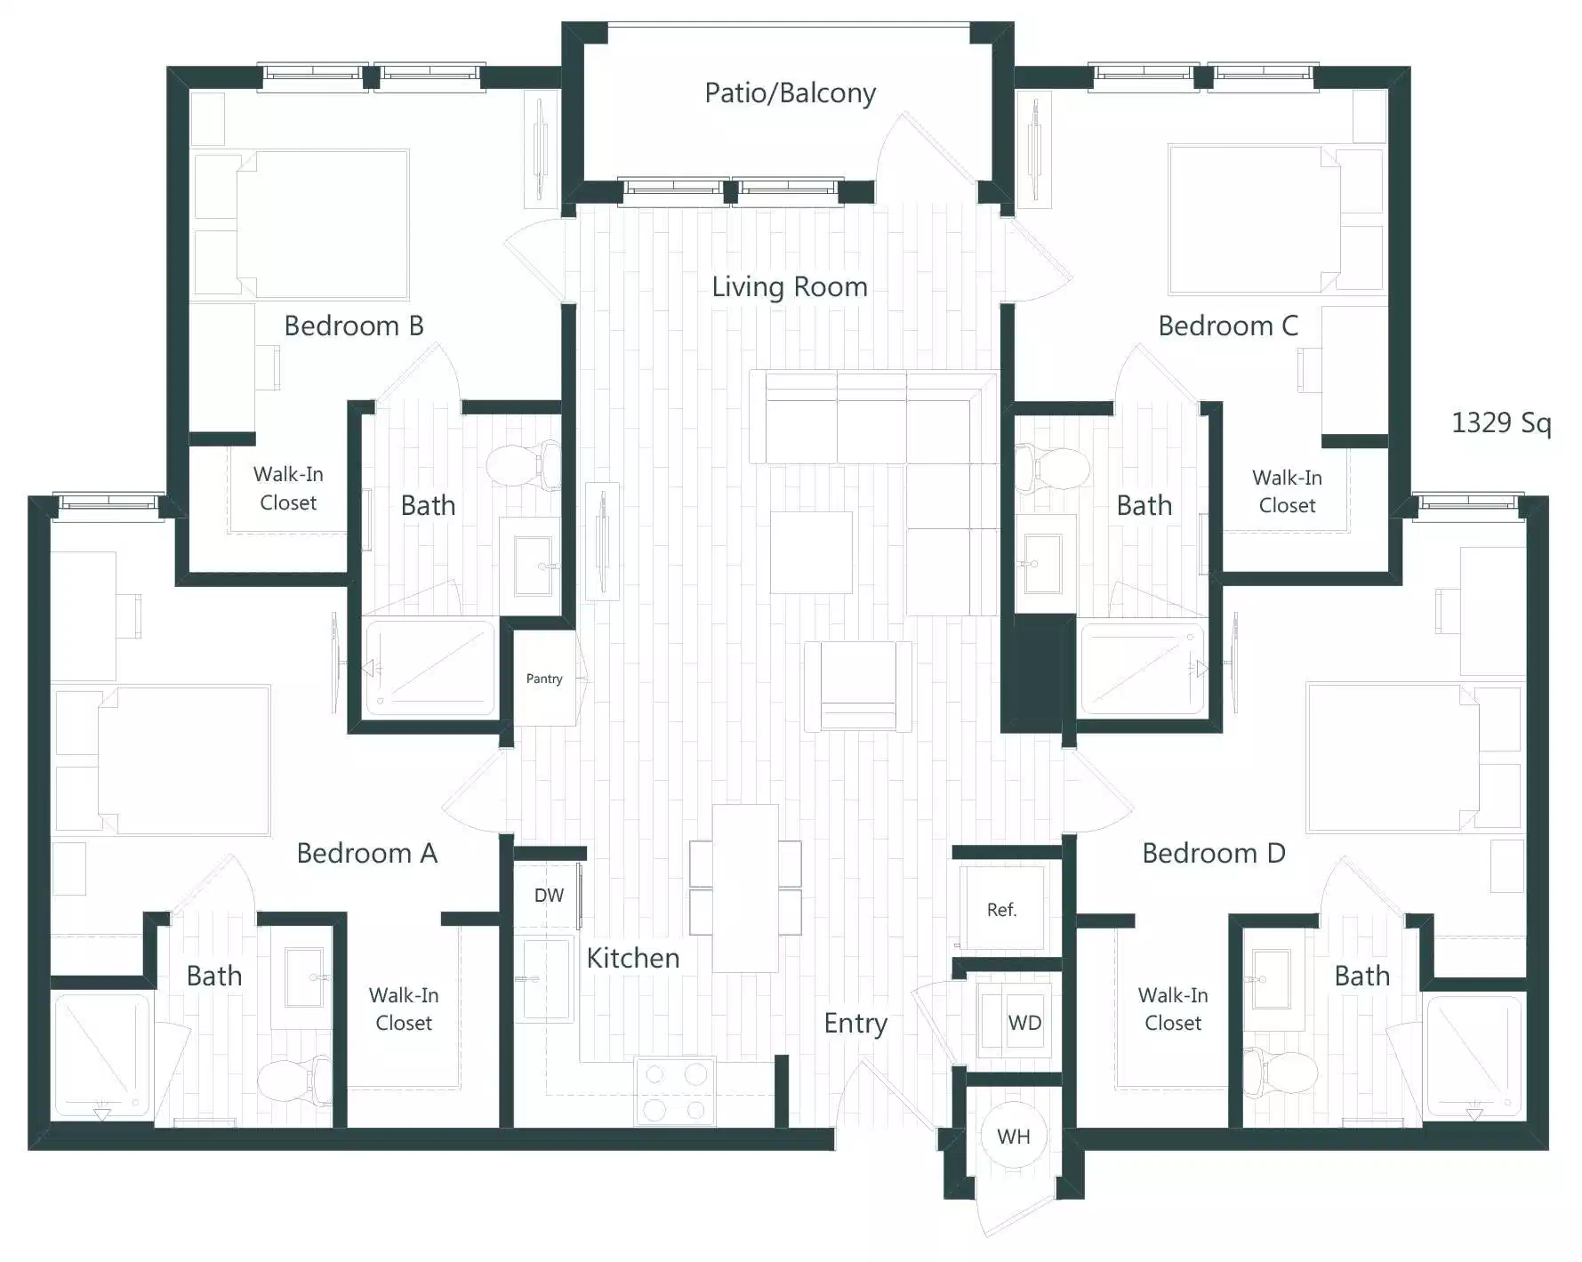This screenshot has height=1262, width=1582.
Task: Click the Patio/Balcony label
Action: pyautogui.click(x=790, y=92)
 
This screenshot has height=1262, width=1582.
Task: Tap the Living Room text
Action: pyautogui.click(x=789, y=286)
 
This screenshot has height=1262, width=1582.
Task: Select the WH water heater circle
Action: pyautogui.click(x=1013, y=1137)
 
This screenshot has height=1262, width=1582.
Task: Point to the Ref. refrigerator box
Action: pyautogui.click(x=1001, y=909)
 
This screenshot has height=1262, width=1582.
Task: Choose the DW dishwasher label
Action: pyautogui.click(x=549, y=896)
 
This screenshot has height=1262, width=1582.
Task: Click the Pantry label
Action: pyautogui.click(x=543, y=679)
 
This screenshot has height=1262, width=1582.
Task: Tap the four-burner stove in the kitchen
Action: pyautogui.click(x=675, y=1091)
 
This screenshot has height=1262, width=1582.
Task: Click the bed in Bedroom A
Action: pyautogui.click(x=182, y=760)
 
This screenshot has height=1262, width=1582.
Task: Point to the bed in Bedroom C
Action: pyautogui.click(x=1255, y=220)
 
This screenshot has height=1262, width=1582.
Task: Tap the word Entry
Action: pyautogui.click(x=855, y=1023)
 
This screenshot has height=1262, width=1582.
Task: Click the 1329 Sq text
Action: pyautogui.click(x=1500, y=422)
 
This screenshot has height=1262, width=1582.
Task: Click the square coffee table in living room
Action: pyautogui.click(x=810, y=552)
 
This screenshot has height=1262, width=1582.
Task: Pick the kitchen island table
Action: pyautogui.click(x=745, y=888)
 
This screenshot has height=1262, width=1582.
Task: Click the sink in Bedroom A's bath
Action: pyautogui.click(x=302, y=977)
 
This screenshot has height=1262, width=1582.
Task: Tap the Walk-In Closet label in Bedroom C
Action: pyautogui.click(x=1286, y=491)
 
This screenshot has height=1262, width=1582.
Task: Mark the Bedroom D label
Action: pyautogui.click(x=1213, y=853)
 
